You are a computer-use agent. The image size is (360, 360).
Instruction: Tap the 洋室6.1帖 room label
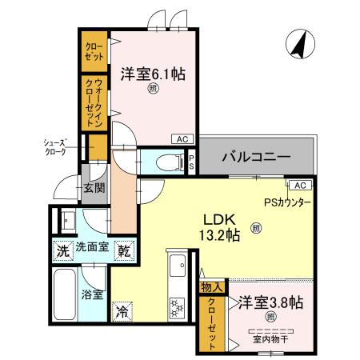153,74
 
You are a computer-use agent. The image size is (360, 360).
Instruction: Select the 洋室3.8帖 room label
267,303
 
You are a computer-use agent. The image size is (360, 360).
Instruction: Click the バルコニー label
255,157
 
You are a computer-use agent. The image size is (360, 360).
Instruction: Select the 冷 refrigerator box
122,310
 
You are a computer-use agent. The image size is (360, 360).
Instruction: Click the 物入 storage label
211,286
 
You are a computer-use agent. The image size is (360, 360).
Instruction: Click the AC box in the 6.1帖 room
181,138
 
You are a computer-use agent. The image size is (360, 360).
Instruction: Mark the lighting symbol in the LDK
256,228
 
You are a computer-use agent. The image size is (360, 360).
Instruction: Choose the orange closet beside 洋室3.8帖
211,323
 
